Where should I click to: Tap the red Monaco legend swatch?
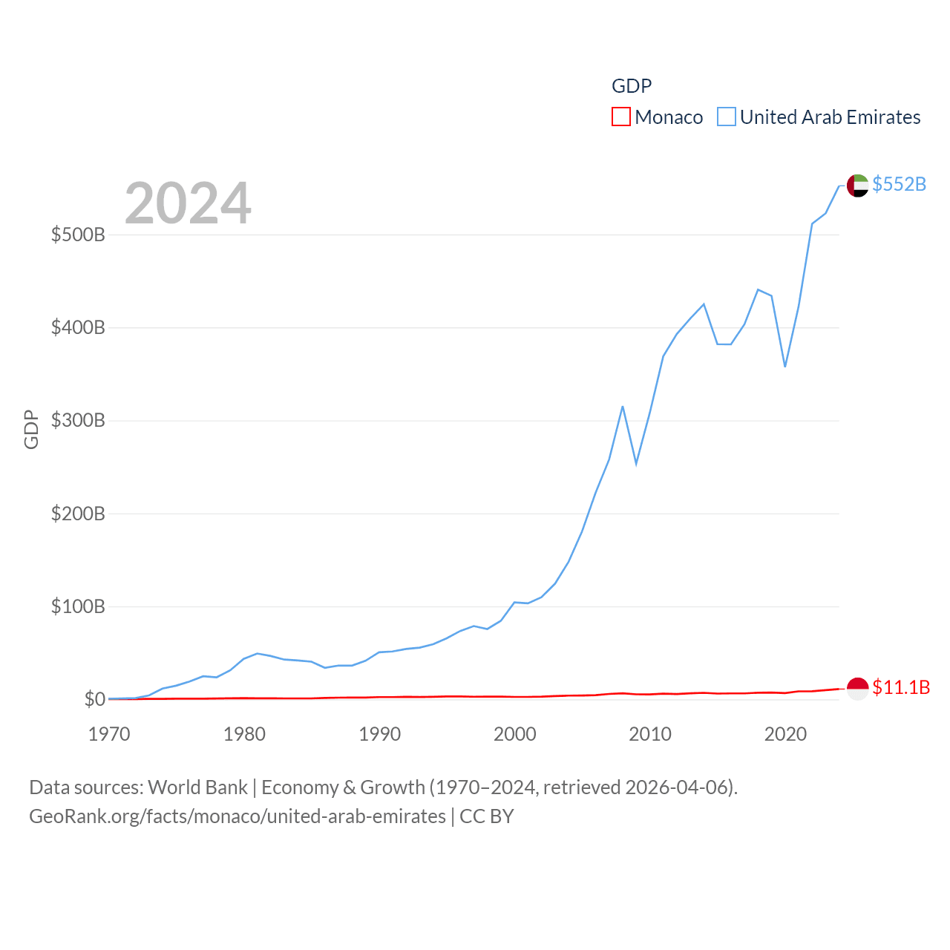pyautogui.click(x=621, y=117)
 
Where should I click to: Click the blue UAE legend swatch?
pyautogui.click(x=727, y=117)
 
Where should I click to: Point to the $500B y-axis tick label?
pyautogui.click(x=78, y=235)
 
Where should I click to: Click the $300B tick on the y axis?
pyautogui.click(x=78, y=421)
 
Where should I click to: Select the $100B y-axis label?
pyautogui.click(x=78, y=607)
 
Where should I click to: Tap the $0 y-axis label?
pyautogui.click(x=94, y=699)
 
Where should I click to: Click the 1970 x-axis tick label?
pyautogui.click(x=109, y=735)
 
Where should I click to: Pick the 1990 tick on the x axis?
pyautogui.click(x=379, y=735)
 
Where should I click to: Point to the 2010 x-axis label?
pyautogui.click(x=650, y=735)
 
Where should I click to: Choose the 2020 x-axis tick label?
pyautogui.click(x=785, y=735)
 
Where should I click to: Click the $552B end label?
pyautogui.click(x=899, y=184)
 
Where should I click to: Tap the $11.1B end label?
pyautogui.click(x=901, y=687)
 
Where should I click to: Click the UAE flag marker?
pyautogui.click(x=857, y=186)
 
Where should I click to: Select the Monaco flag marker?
pyautogui.click(x=857, y=689)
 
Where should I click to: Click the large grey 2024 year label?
pyautogui.click(x=188, y=203)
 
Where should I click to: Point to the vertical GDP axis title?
pyautogui.click(x=31, y=429)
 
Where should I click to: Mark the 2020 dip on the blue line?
pyautogui.click(x=784, y=366)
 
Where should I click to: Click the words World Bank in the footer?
pyautogui.click(x=197, y=787)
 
